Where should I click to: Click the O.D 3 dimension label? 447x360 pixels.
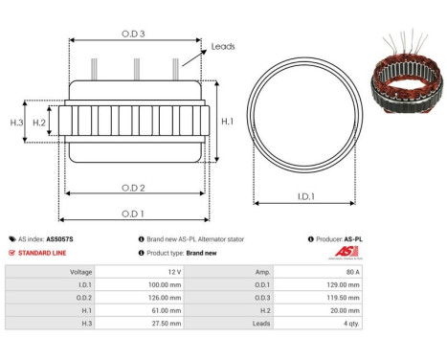coord(135,32)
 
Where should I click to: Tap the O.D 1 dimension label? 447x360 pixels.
coord(134,214)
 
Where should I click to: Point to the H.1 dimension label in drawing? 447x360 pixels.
coord(228,122)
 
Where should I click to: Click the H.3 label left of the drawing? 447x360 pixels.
coord(16,123)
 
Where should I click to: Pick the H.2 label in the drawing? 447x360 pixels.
coord(39,123)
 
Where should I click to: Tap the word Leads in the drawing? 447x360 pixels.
coord(223,46)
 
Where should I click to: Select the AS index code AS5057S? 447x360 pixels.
coord(59,238)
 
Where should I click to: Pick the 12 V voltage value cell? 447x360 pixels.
coord(173,272)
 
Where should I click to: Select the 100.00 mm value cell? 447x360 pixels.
coord(164,284)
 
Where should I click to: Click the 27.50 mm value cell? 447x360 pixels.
coord(166,325)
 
